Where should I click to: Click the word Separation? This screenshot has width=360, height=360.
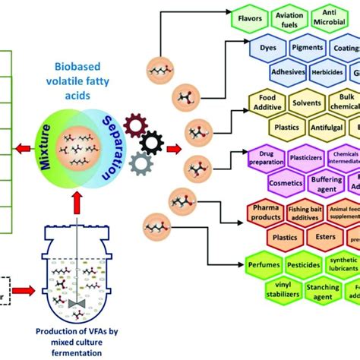pyautogui.click(x=112, y=145)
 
